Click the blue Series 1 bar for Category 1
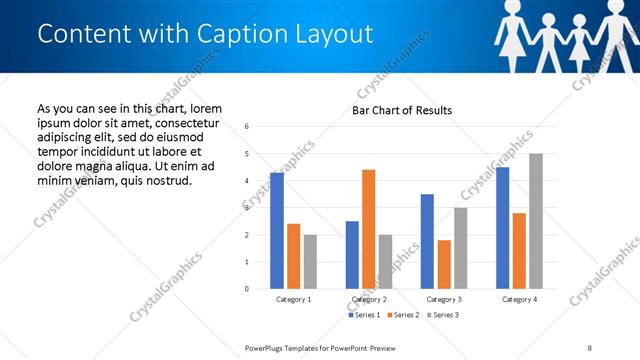277,231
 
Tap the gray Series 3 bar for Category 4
536,221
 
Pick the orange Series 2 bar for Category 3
444,264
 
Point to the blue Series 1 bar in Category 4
502,228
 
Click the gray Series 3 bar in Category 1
310,262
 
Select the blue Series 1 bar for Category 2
352,255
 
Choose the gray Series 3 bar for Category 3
460,248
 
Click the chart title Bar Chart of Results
402,110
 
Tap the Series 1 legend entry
365,315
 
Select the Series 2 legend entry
403,315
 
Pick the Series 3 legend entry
441,315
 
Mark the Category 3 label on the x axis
443,300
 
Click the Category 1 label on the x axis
293,300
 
